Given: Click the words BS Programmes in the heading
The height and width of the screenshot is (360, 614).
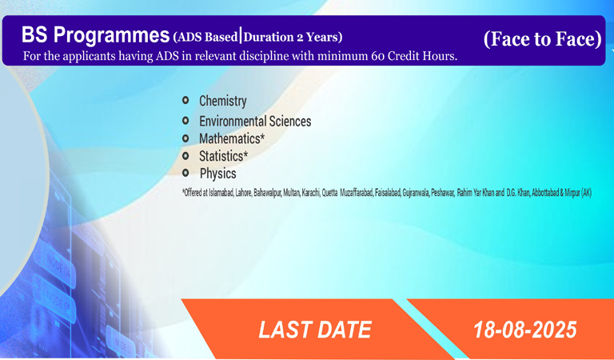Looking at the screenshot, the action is [x=96, y=35].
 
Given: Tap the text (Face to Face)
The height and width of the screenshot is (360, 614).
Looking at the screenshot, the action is [x=542, y=38].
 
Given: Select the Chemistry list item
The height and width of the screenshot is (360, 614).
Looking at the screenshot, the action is [x=223, y=101].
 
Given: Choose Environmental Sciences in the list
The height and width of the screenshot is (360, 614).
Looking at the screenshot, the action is [x=255, y=121].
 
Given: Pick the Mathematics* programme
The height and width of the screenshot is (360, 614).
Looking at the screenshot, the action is [x=232, y=138].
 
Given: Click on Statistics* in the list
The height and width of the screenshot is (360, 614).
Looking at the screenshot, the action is [x=224, y=156].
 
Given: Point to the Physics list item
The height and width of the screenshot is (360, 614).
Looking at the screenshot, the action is [x=218, y=174].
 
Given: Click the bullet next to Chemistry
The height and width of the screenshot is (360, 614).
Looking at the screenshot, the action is [x=185, y=100].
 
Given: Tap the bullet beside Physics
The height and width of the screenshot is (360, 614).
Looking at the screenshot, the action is [x=185, y=173].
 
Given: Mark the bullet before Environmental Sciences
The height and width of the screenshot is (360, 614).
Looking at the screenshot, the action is [x=185, y=120].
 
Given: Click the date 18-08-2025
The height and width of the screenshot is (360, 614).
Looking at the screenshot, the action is [x=525, y=330].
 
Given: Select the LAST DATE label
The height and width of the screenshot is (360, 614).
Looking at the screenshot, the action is [x=315, y=330].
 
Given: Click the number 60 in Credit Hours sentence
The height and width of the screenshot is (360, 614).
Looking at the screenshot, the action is [x=378, y=57].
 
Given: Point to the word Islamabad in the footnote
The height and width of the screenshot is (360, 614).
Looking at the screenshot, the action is [x=221, y=193].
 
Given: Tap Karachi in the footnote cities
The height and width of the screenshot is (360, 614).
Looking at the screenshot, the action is [x=311, y=193].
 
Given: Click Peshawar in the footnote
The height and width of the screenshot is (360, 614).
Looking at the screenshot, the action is [x=442, y=193].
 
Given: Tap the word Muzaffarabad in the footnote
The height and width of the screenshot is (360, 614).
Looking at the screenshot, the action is [x=357, y=193].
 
